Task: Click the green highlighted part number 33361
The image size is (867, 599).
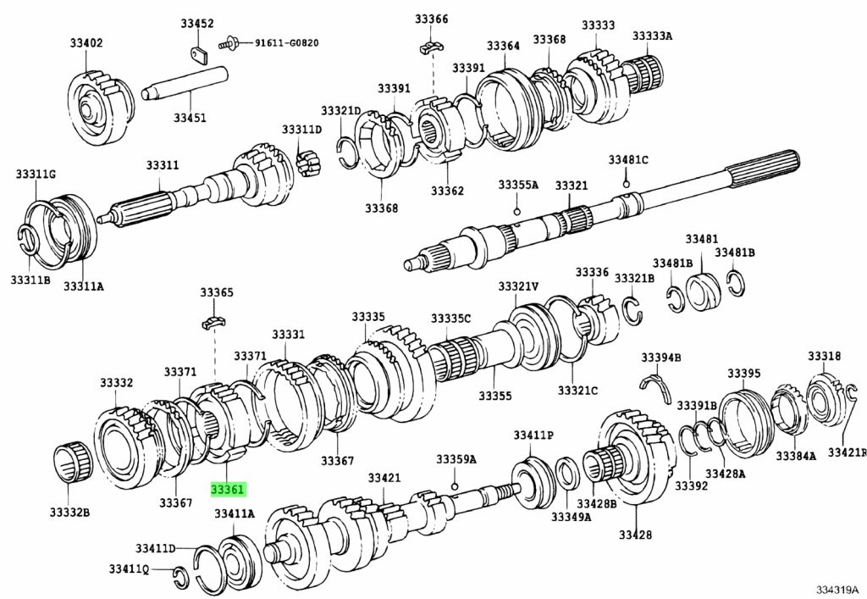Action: [x=227, y=490]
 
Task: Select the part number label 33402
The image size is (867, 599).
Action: [x=86, y=42]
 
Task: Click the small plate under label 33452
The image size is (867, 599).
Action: [x=198, y=54]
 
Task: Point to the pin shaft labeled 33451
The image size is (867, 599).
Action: [x=185, y=84]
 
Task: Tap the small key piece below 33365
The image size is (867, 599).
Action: [x=215, y=321]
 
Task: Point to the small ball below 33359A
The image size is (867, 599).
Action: [x=454, y=486]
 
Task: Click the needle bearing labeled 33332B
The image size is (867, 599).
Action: [x=73, y=463]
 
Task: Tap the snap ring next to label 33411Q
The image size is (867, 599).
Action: [x=179, y=575]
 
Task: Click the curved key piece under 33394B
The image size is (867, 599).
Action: [x=657, y=387]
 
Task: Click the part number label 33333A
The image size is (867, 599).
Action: [x=653, y=36]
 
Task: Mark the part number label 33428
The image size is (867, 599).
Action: [x=635, y=535]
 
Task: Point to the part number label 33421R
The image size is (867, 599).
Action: [x=847, y=452]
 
